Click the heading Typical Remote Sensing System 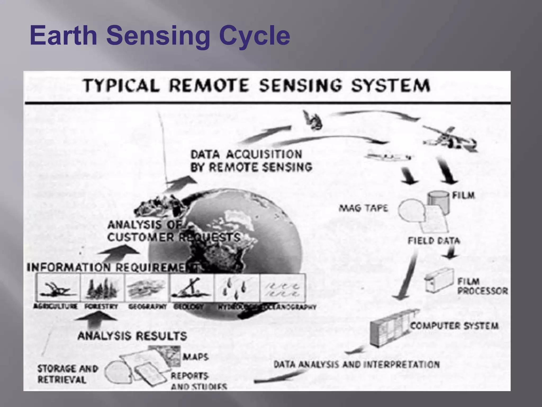256,85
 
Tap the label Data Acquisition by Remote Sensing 251,161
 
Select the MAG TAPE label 363,208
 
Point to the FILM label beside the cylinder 463,196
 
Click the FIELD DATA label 434,241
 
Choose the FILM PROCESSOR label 482,286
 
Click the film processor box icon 439,281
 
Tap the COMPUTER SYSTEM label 454,325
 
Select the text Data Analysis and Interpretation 356,365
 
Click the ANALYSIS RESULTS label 132,336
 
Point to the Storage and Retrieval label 67,374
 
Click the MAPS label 195,357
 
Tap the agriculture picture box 58,288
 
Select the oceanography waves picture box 283,288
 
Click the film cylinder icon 438,201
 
